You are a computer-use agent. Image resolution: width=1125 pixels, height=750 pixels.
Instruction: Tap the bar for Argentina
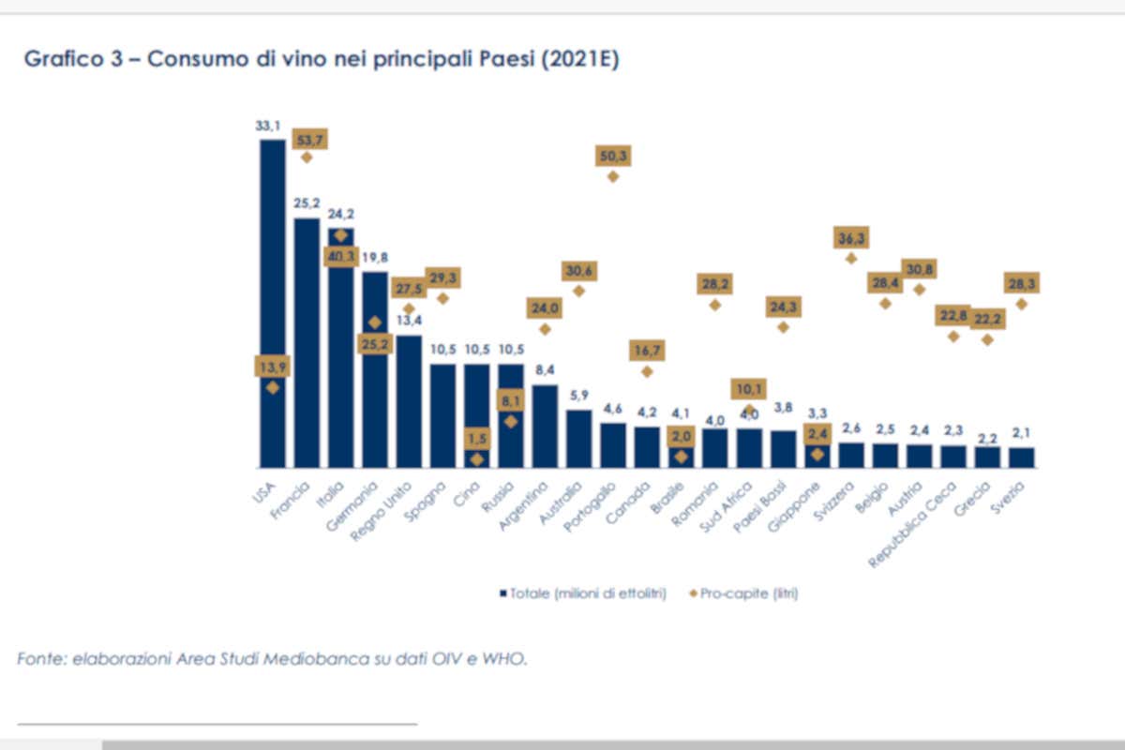click(x=546, y=426)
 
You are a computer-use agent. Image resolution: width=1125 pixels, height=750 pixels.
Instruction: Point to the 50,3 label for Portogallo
click(x=612, y=156)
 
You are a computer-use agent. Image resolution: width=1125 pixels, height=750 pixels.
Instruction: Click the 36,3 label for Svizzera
click(x=850, y=239)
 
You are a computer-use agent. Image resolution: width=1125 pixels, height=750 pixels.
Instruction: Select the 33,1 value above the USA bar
click(x=271, y=125)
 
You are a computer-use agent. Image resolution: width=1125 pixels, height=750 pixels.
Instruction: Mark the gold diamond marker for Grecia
click(x=986, y=339)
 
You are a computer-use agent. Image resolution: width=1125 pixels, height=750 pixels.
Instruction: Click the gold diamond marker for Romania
click(x=714, y=304)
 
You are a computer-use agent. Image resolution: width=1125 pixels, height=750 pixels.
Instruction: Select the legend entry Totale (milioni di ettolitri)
click(x=581, y=593)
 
